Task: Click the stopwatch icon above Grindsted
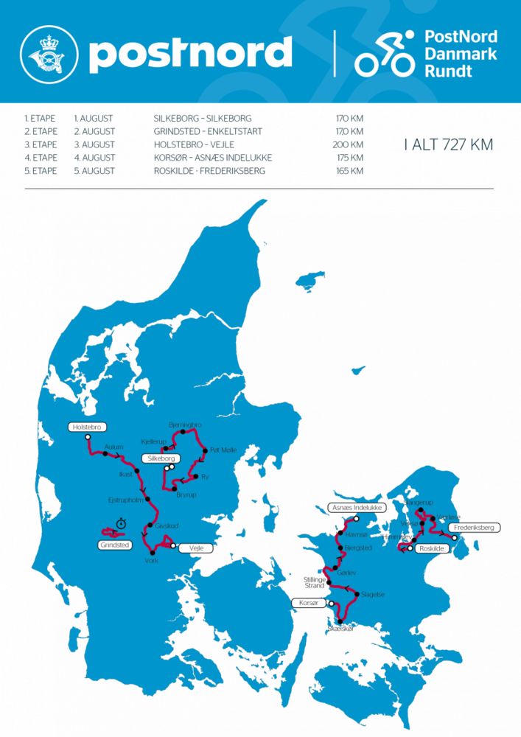point(120,523)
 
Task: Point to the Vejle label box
point(196,548)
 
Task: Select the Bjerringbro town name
point(185,426)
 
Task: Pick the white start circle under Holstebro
point(88,437)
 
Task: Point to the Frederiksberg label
point(475,528)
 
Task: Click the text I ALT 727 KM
point(448,145)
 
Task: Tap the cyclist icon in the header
point(385,54)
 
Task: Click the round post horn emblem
point(48,54)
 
